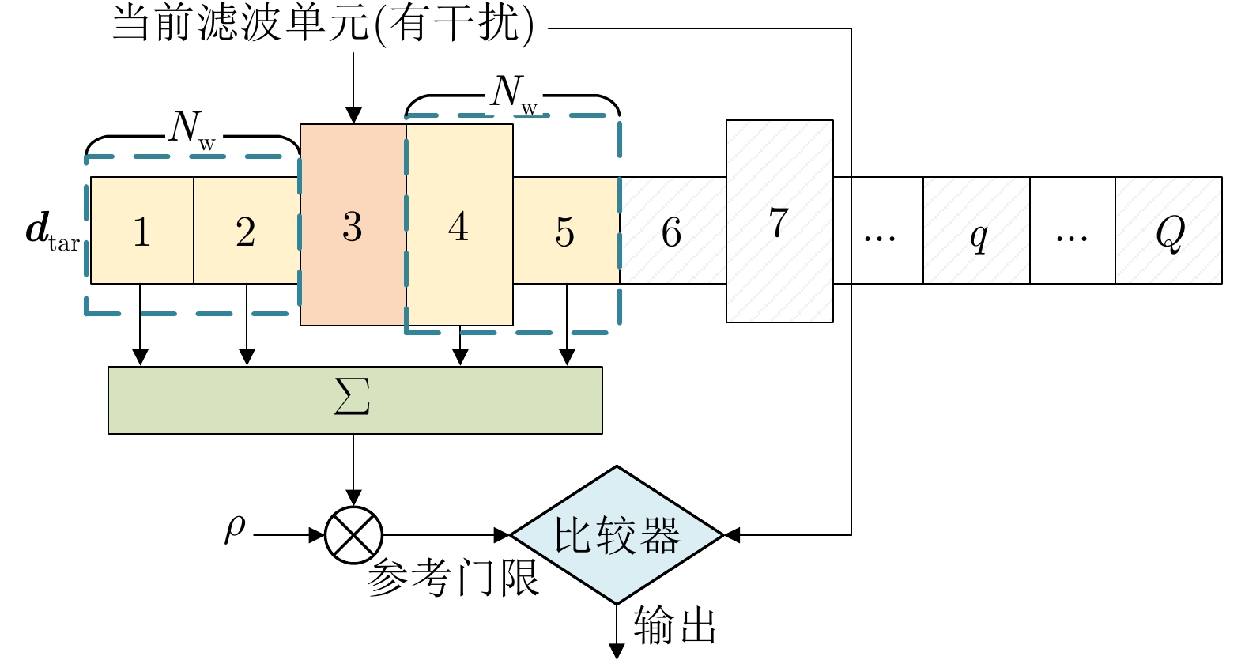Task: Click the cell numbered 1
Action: [142, 230]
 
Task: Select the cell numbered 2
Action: [246, 230]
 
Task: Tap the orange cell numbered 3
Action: [353, 225]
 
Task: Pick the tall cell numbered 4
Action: [459, 225]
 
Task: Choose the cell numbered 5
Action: [565, 230]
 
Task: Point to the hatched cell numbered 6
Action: [672, 230]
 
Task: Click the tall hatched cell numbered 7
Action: [779, 221]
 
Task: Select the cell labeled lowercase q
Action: [977, 231]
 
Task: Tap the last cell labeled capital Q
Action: [1168, 231]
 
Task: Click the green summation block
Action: [355, 400]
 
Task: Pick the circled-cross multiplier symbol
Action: [353, 535]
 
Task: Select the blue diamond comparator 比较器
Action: [617, 535]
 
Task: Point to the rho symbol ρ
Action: [235, 528]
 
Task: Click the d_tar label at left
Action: [52, 232]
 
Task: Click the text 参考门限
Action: [453, 578]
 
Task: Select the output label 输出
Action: [674, 626]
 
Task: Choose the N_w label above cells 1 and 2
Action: [192, 128]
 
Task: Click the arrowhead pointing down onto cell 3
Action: [353, 116]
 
